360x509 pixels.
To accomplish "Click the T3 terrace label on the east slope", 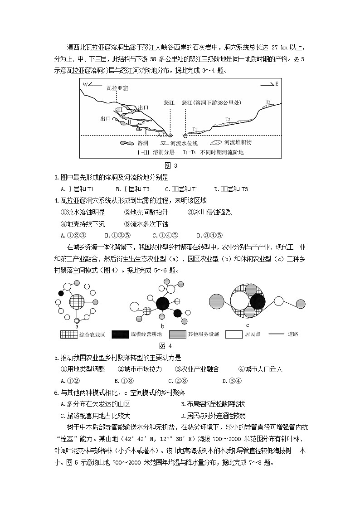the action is point(268,102).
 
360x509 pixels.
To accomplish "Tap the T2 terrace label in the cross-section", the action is point(228,119).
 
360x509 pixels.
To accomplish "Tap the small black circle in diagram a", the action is point(61,293).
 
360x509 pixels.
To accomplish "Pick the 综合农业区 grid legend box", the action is point(68,334).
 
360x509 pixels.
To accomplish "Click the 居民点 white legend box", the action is point(234,334).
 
